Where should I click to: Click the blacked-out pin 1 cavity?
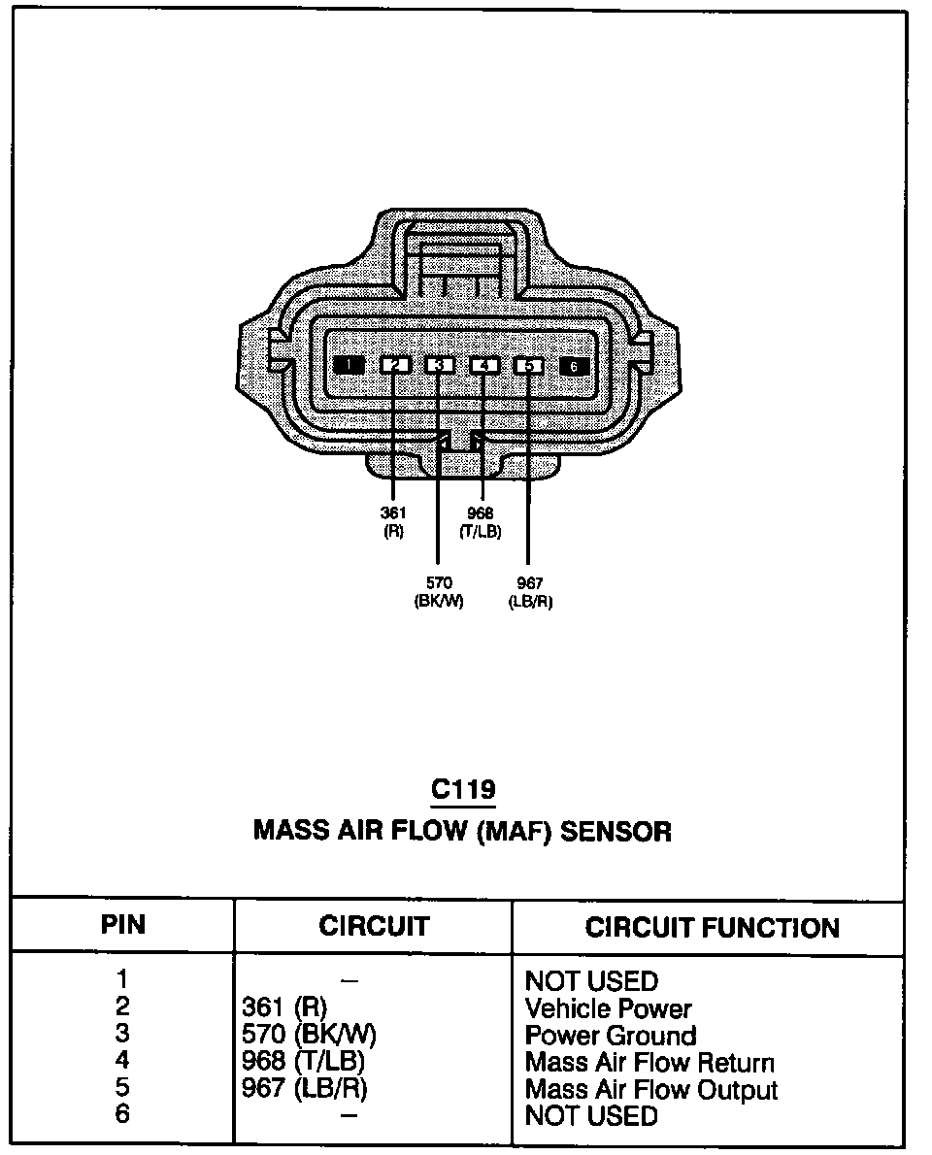pos(348,365)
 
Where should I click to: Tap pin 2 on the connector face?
pos(394,365)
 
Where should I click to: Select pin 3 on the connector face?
pos(439,365)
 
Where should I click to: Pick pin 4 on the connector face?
pos(483,365)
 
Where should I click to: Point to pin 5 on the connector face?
pos(529,365)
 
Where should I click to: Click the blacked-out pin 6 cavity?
pos(574,365)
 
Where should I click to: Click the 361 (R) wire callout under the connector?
pos(393,521)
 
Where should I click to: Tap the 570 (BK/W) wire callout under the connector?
pos(438,591)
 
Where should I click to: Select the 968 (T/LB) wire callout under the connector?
pos(481,521)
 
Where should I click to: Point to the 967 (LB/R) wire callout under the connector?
pos(529,591)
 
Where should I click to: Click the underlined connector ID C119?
pos(463,789)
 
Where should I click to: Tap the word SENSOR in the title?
pos(616,832)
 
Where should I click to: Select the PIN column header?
pos(123,926)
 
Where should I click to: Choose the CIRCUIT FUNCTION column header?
pos(712,928)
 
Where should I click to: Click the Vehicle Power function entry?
pos(608,1008)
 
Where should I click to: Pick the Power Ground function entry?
pos(610,1036)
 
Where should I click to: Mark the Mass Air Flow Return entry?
pos(649,1063)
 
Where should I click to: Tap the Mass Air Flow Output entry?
pos(651,1090)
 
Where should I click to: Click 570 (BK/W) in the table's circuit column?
pos(308,1036)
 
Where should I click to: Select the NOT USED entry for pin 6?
pos(590,1116)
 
